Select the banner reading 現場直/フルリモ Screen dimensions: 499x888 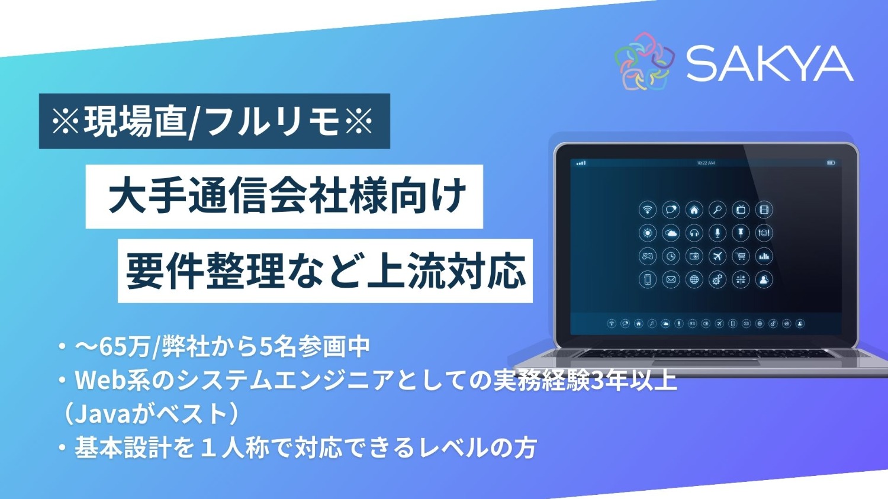tap(214, 121)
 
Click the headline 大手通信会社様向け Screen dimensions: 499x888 tap(285, 197)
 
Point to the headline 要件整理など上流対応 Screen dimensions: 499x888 tap(325, 271)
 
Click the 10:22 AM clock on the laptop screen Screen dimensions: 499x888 tap(706, 163)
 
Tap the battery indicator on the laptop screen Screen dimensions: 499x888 tap(831, 163)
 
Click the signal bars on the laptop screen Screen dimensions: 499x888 tap(581, 163)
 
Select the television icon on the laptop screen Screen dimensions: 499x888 tap(741, 210)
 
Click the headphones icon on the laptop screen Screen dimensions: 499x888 tap(694, 233)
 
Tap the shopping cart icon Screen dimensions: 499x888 tap(741, 256)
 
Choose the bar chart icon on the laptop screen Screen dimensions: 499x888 tap(764, 256)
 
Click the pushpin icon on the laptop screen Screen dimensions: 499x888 tap(741, 233)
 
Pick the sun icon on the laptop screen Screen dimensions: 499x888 tap(648, 233)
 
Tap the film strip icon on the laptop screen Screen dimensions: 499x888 tap(764, 210)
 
